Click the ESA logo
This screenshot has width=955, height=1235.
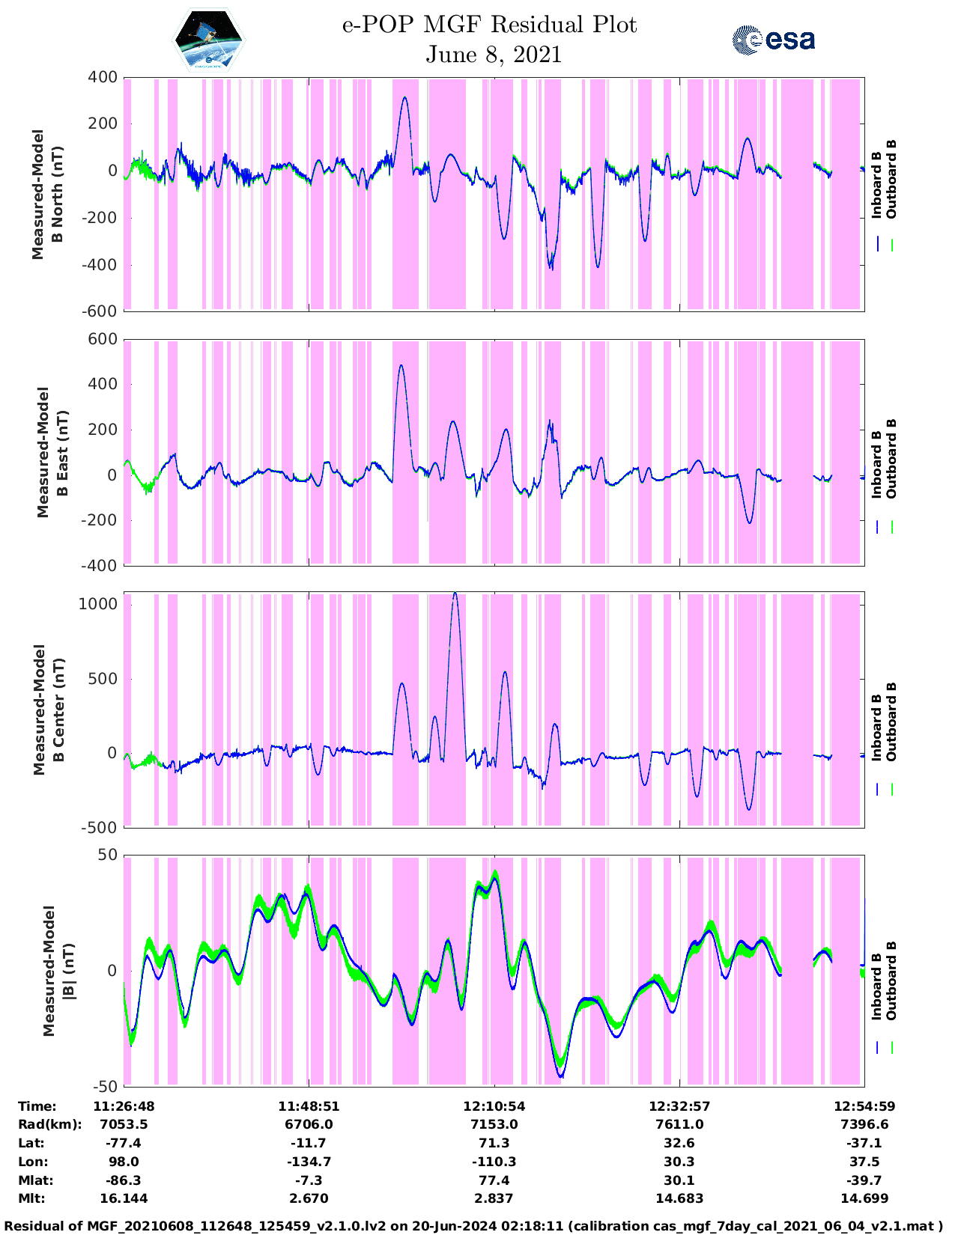coord(773,40)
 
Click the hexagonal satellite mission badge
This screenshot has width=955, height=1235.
coord(208,39)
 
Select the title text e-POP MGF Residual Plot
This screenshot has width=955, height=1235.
coord(489,25)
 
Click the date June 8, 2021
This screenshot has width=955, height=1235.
coord(494,55)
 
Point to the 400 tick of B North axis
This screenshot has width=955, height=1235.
coord(103,77)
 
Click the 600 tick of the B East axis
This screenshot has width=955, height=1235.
coord(103,339)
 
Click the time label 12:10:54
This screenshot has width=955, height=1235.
coord(494,1106)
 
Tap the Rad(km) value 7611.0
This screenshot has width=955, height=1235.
coord(679,1124)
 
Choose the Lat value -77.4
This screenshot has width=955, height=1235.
coord(124,1143)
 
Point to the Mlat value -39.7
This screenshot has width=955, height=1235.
coord(864,1180)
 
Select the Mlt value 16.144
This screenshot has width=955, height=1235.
coord(124,1198)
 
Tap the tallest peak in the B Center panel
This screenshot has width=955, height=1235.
coord(455,593)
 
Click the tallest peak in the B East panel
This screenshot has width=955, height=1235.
coord(401,365)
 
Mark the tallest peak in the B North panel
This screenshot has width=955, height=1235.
coord(405,97)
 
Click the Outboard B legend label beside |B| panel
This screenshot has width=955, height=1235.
coord(891,981)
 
